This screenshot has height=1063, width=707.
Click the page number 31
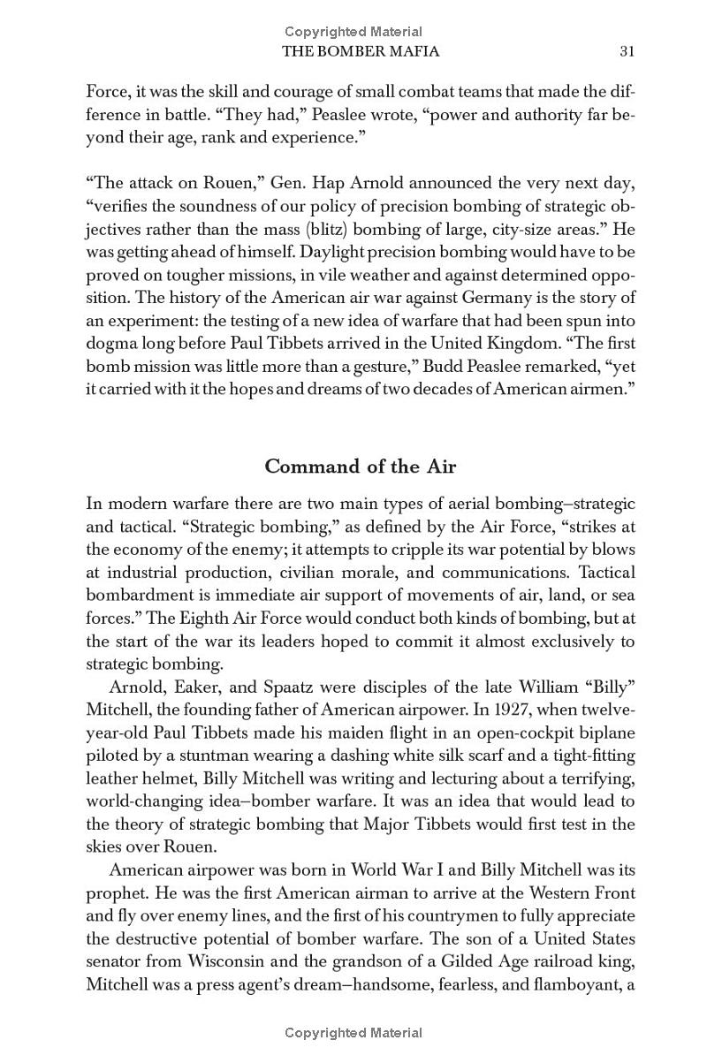pos(627,51)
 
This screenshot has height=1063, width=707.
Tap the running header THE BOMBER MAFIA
pos(361,51)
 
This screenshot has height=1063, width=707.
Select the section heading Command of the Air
pos(361,466)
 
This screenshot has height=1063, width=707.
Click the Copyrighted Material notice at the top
pos(353,33)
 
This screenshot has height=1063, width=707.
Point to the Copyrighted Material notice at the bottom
pos(353,1033)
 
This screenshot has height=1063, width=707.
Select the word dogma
pos(112,344)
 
